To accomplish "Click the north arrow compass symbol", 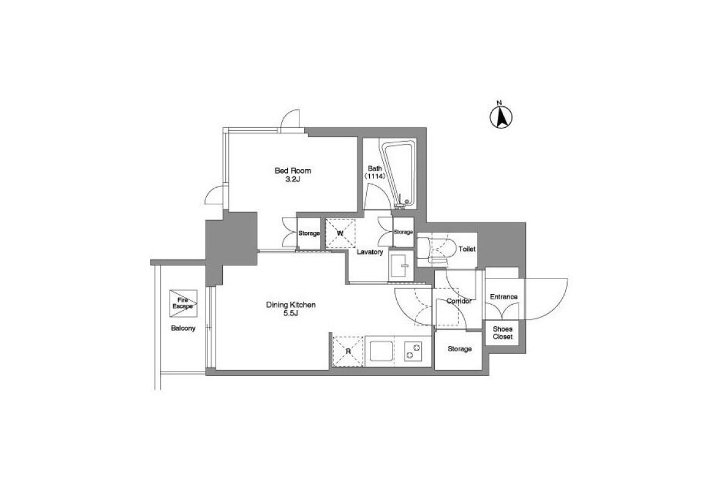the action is click(501, 117).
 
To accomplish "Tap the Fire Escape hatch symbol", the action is click(183, 304).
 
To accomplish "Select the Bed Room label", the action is click(293, 170).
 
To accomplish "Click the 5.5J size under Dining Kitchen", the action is click(290, 313).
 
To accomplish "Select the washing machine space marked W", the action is click(340, 233).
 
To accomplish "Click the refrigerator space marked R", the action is click(348, 351).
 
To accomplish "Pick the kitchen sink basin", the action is click(381, 351).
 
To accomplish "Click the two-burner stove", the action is click(413, 351).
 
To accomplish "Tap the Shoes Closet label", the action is click(502, 333).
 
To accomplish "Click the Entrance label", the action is click(504, 296).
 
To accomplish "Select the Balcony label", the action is click(183, 328).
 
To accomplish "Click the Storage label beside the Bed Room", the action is click(309, 233).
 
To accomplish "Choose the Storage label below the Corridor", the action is click(459, 349).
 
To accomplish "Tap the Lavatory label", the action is click(370, 252).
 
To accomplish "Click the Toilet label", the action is click(467, 249).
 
